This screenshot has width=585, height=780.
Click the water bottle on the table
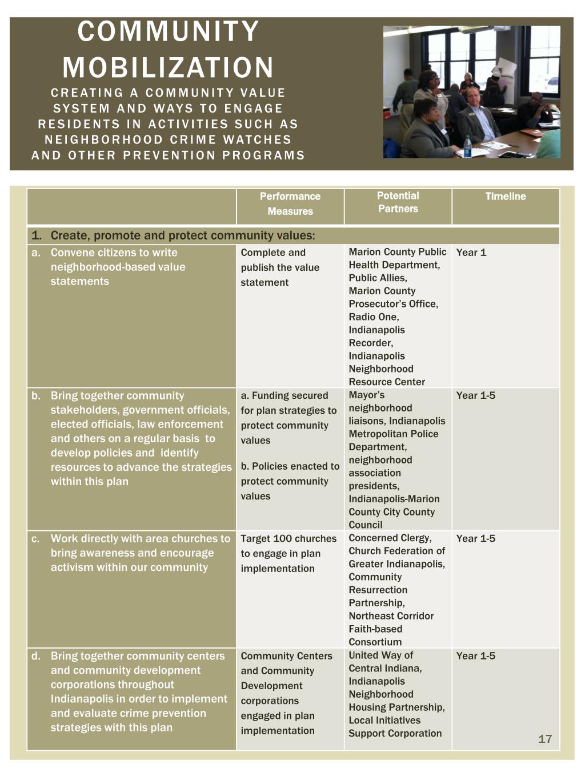(467, 146)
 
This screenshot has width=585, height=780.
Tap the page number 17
(545, 739)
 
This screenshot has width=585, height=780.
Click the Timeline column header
(506, 197)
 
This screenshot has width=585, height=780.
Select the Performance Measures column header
(290, 204)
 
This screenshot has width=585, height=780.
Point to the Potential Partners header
(398, 202)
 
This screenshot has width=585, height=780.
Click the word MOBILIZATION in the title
(168, 67)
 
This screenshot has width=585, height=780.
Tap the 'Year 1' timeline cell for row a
(471, 253)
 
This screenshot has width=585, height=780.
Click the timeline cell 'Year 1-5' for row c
(476, 538)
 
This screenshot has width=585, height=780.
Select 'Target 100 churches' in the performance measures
(289, 538)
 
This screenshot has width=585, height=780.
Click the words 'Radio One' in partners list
(374, 317)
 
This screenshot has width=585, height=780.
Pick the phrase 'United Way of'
(380, 655)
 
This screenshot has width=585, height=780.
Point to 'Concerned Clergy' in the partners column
(390, 538)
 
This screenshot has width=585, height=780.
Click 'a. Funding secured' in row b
(285, 395)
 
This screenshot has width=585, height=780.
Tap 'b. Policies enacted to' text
(290, 466)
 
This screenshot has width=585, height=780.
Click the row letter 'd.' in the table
(36, 656)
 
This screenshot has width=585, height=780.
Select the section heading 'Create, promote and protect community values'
(182, 235)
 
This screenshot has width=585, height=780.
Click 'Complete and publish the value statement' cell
(280, 267)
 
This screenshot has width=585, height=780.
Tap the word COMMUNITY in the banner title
(168, 32)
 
